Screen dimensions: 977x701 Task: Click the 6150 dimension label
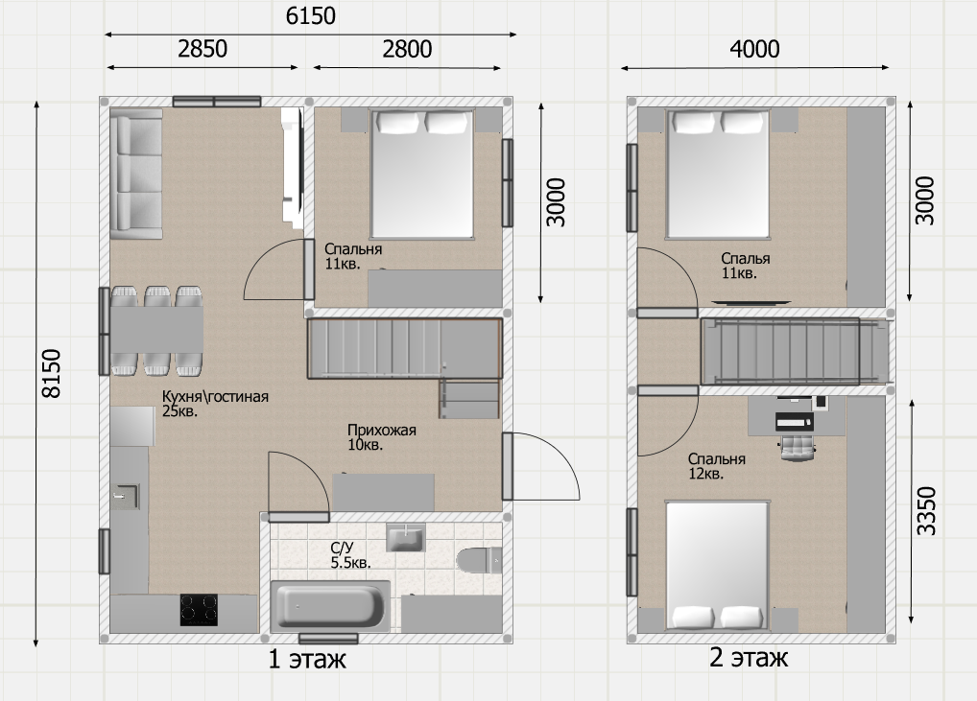tap(310, 15)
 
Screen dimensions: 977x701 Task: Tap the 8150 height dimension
tap(51, 374)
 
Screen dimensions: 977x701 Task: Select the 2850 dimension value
tap(203, 49)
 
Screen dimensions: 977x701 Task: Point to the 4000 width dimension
tap(754, 49)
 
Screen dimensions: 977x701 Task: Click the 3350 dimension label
tap(926, 510)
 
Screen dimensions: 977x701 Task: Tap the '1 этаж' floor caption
tap(306, 659)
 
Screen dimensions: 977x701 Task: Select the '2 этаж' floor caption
tap(749, 658)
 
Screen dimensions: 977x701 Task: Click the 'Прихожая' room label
tap(381, 431)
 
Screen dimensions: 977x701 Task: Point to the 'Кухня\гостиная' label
tap(215, 397)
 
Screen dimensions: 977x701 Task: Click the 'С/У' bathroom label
tap(342, 548)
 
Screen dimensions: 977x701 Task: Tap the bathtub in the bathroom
tap(330, 606)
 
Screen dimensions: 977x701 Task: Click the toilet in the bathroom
tap(479, 559)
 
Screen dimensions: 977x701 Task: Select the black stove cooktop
tap(200, 610)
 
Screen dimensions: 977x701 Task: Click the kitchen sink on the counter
tap(127, 496)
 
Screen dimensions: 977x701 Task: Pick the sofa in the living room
tap(136, 174)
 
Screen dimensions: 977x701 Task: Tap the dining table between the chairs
tap(156, 330)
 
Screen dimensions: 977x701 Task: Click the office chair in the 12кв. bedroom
tap(797, 446)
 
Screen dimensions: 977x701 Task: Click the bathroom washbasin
tap(406, 537)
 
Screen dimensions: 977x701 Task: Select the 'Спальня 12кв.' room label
tap(717, 466)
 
